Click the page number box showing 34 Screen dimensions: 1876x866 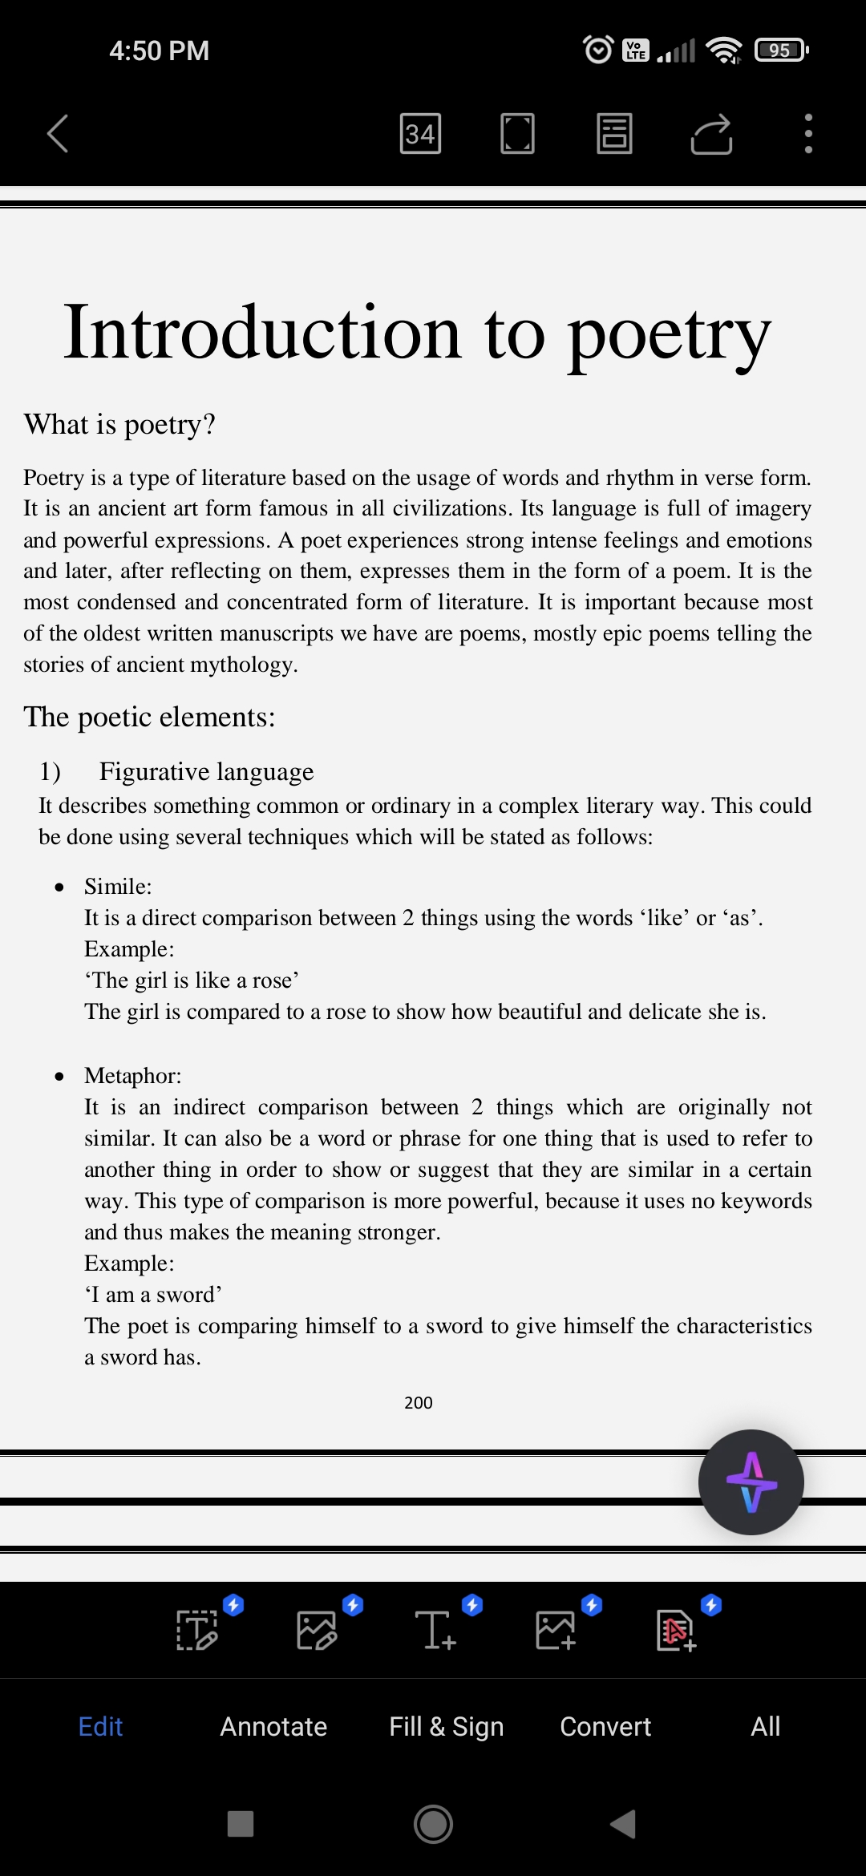coord(420,133)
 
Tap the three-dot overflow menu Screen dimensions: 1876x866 coord(808,133)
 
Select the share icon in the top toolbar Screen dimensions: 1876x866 coord(711,133)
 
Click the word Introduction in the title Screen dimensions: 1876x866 coord(261,332)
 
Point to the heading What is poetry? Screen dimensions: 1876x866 coord(119,424)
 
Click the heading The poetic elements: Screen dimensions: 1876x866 coord(149,717)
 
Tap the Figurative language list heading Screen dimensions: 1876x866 coord(206,771)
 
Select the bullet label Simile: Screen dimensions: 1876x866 coord(118,886)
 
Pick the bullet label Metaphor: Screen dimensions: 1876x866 coord(133,1075)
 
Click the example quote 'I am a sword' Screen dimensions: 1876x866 coord(153,1294)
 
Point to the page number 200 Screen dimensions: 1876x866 coord(418,1402)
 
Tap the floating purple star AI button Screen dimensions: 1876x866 coord(751,1482)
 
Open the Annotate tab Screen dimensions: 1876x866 coord(273,1726)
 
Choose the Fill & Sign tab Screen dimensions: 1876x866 coord(446,1726)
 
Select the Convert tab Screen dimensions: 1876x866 coord(605,1726)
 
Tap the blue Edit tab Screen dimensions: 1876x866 coord(100,1726)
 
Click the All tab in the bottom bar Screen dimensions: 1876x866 coord(765,1726)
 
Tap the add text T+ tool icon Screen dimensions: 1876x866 coord(435,1630)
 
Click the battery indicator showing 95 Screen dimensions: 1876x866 coord(781,51)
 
